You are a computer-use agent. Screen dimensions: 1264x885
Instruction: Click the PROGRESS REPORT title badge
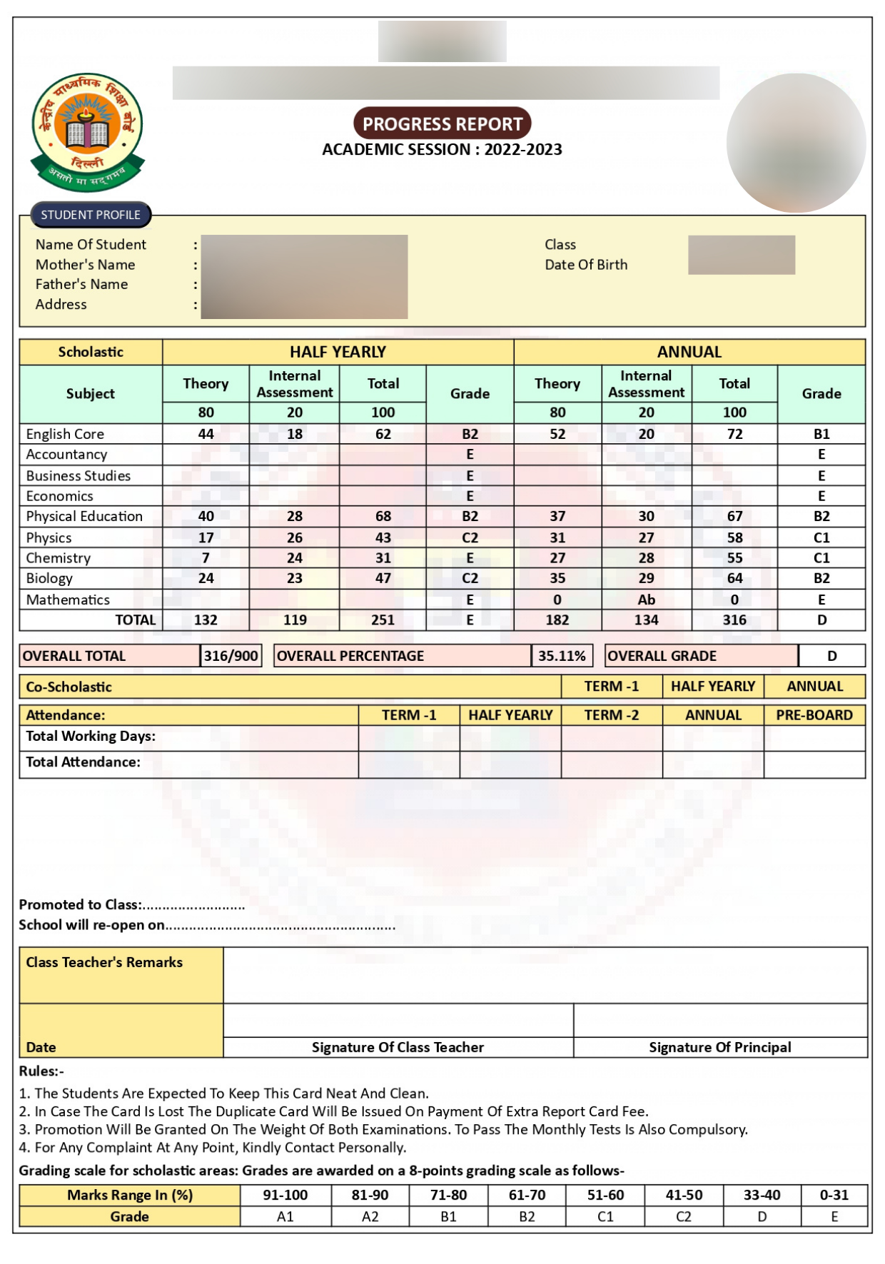coord(442,123)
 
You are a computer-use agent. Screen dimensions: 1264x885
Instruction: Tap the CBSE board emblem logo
coord(87,132)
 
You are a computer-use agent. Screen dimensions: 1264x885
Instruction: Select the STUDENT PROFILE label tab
coord(91,215)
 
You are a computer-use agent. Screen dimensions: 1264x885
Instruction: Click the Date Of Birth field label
coord(586,265)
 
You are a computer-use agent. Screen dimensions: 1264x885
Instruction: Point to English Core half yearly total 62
coord(383,434)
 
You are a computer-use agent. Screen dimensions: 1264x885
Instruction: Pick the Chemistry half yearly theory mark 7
coord(206,558)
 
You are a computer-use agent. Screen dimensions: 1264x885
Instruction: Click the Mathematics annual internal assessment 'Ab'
coord(646,600)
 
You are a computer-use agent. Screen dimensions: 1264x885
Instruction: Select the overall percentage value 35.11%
coord(562,656)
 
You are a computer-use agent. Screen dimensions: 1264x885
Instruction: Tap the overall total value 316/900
coord(231,656)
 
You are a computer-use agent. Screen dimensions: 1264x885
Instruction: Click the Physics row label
coord(49,537)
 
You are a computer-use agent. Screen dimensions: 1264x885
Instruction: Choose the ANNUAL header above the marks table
coord(689,352)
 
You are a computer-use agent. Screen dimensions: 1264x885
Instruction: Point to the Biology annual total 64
coord(734,578)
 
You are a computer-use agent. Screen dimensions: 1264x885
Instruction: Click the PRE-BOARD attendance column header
coord(814,715)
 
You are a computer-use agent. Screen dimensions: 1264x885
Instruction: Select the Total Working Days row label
coord(91,737)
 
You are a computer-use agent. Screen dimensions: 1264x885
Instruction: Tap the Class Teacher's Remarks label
coord(104,962)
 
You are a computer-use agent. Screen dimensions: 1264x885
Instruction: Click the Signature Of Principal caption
coord(719,1047)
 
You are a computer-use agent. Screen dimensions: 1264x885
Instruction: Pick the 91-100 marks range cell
coord(285,1195)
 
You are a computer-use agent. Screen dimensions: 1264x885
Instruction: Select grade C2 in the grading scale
coord(683,1216)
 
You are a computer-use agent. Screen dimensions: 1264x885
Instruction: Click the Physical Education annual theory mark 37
coord(557,516)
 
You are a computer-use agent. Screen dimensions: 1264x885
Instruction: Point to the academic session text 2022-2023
coord(523,150)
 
